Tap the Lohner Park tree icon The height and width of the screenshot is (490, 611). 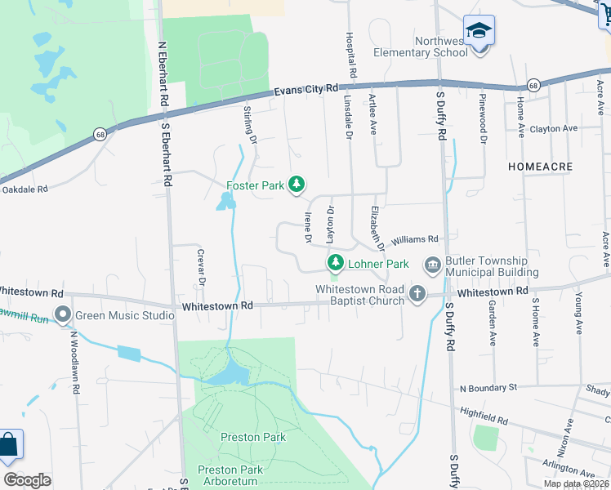coord(334,263)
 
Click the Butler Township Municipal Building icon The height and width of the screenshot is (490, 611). coord(431,265)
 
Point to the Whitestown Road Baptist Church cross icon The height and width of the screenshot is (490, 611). coord(417,293)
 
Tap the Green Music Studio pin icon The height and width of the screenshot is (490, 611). coord(62,314)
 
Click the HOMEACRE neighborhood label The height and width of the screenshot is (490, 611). coord(540,166)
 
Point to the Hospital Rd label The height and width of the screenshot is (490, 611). coord(350,56)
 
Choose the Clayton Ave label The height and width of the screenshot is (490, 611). coord(554,129)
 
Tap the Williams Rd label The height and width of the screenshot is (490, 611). coord(415,239)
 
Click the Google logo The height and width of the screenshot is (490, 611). coord(28,480)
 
